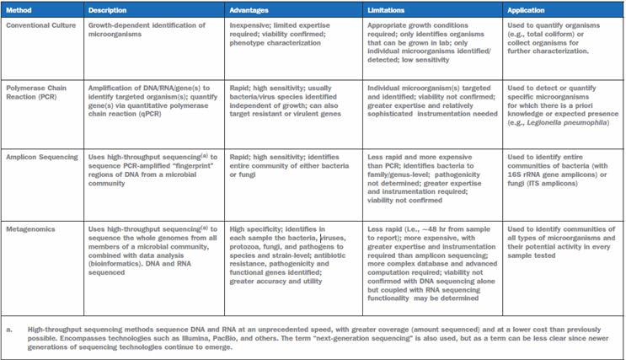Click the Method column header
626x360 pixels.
tap(19, 11)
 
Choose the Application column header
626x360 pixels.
tap(527, 11)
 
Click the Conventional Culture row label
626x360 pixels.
tap(39, 24)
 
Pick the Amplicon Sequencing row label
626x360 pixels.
tap(40, 158)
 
